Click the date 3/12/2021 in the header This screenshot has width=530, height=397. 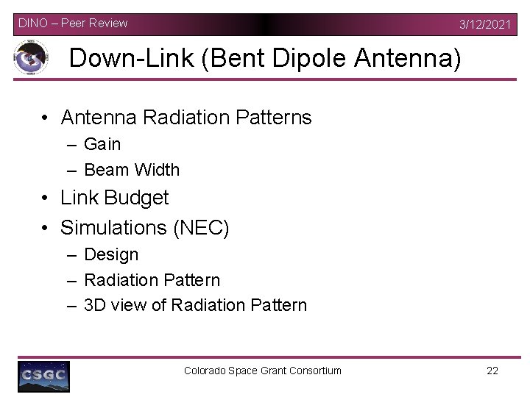point(484,24)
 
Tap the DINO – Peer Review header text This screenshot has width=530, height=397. point(73,23)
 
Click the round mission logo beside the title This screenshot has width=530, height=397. point(31,58)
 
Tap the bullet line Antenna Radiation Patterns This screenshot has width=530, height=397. point(186,118)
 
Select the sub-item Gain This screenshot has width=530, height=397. point(102,144)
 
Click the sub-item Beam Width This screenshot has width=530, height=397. point(132,170)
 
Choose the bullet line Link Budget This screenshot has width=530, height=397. point(115,198)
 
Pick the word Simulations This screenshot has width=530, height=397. point(113,228)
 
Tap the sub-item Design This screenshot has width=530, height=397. point(111,254)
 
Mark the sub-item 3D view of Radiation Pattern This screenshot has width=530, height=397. point(195,305)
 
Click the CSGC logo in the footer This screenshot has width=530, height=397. point(44,376)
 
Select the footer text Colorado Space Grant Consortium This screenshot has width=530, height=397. point(263,371)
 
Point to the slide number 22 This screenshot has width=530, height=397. point(492,371)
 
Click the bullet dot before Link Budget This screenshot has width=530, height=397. point(46,198)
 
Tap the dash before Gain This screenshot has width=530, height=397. point(71,145)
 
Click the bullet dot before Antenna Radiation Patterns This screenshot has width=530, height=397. point(46,118)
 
